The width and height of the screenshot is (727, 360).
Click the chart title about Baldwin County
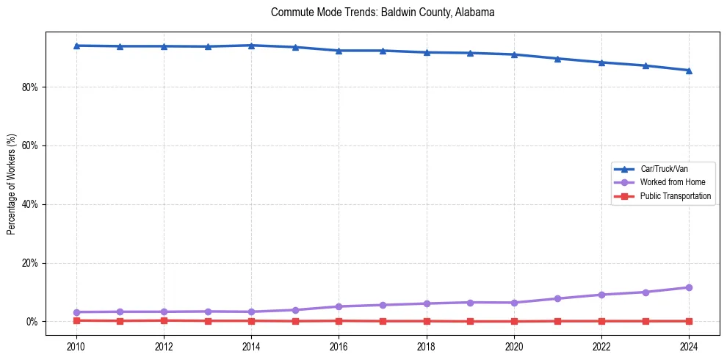pos(383,12)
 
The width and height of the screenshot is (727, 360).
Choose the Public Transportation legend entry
pos(676,196)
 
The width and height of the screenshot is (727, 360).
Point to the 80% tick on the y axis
pos(30,87)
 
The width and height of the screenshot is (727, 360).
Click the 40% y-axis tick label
pos(30,204)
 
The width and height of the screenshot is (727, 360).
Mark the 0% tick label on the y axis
pos(32,322)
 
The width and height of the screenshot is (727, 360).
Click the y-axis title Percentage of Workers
pos(12,184)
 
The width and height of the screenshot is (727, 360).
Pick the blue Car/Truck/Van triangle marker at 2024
pos(689,71)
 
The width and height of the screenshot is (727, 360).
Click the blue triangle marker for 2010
pos(76,46)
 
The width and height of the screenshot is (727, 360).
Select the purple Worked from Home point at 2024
pos(689,287)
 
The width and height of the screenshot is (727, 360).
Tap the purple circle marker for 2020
pos(514,303)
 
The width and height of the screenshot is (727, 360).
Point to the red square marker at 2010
pos(76,320)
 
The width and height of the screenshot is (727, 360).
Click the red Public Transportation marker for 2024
pos(689,321)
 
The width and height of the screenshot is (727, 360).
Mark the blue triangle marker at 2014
pos(251,46)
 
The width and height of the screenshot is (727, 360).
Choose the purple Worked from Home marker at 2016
pos(339,306)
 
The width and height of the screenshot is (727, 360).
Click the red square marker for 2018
pos(427,321)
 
